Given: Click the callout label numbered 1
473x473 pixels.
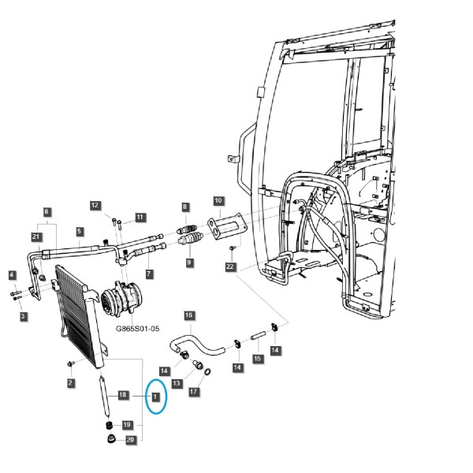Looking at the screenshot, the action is (155, 397).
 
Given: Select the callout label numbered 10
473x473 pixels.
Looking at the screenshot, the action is (218, 200).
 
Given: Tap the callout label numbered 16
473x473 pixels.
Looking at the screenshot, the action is (188, 315).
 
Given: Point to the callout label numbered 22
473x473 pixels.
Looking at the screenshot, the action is (230, 266).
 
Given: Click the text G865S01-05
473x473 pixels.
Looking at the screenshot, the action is (138, 329).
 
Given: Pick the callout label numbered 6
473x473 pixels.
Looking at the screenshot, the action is (47, 212).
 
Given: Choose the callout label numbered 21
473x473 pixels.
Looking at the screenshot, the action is (36, 236).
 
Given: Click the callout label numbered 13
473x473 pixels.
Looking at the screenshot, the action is (177, 384).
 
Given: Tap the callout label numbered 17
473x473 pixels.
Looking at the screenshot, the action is (194, 392).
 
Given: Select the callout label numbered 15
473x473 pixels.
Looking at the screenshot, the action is (257, 359).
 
